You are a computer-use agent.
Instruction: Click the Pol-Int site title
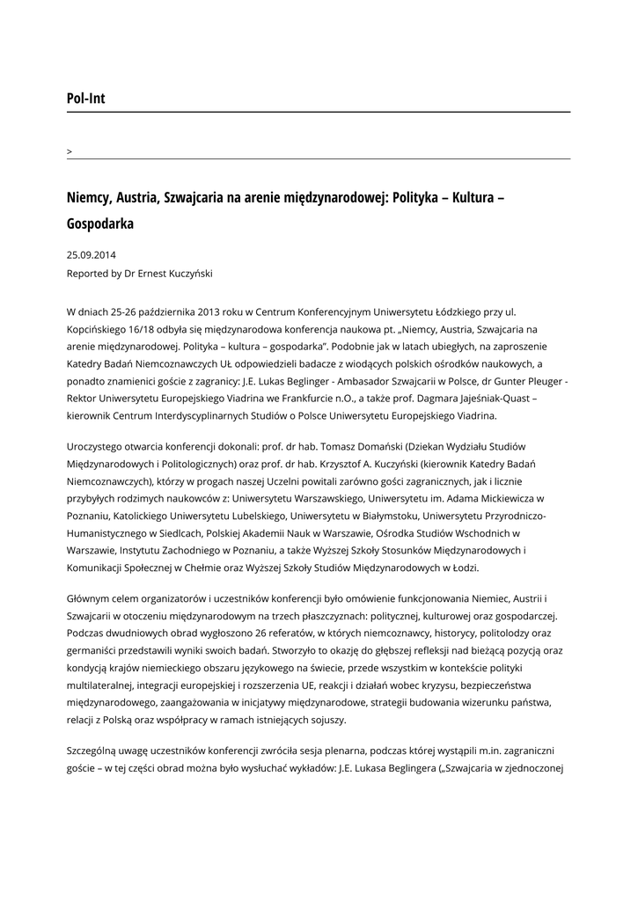tap(85, 99)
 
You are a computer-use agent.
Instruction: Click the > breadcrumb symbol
tap(70, 152)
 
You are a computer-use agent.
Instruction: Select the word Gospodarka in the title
tap(100, 223)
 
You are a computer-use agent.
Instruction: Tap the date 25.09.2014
tap(92, 255)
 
